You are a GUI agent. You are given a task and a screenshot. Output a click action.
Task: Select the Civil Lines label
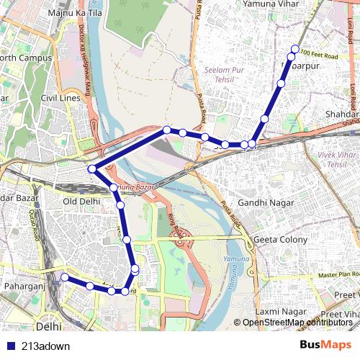point(59,97)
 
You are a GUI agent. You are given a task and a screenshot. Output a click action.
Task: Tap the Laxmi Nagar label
point(281,311)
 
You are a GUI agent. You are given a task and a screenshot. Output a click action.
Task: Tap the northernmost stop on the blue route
point(294,49)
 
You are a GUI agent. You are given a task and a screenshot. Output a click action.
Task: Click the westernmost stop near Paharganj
point(64,277)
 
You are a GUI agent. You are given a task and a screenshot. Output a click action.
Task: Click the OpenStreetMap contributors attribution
point(297,322)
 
